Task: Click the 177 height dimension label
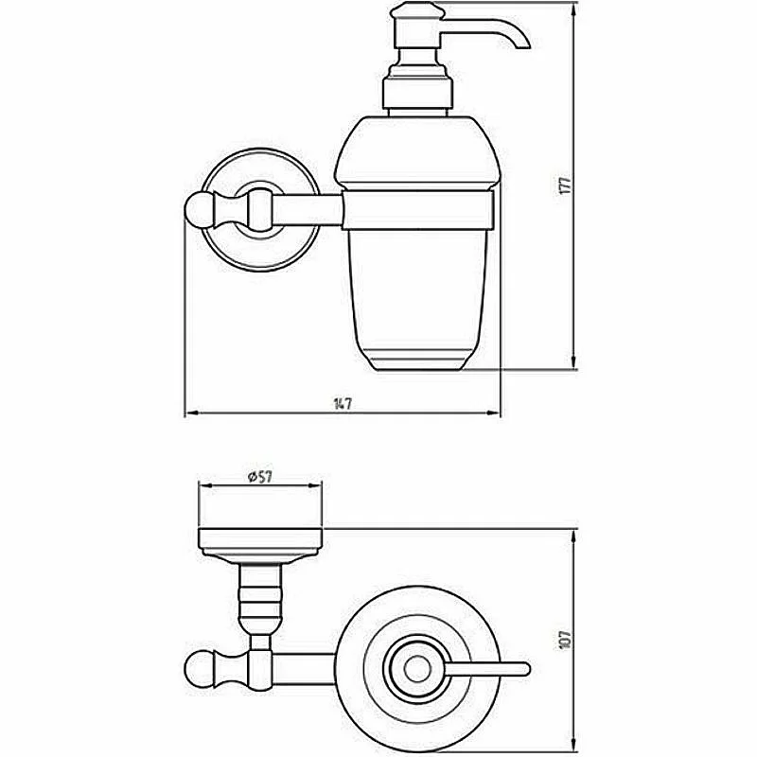564,185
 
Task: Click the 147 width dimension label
343,404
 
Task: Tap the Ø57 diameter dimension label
260,477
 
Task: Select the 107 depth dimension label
565,640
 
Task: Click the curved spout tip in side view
522,44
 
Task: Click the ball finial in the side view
197,210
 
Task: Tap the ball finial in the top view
197,670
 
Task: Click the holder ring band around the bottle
418,210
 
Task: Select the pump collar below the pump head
417,92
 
